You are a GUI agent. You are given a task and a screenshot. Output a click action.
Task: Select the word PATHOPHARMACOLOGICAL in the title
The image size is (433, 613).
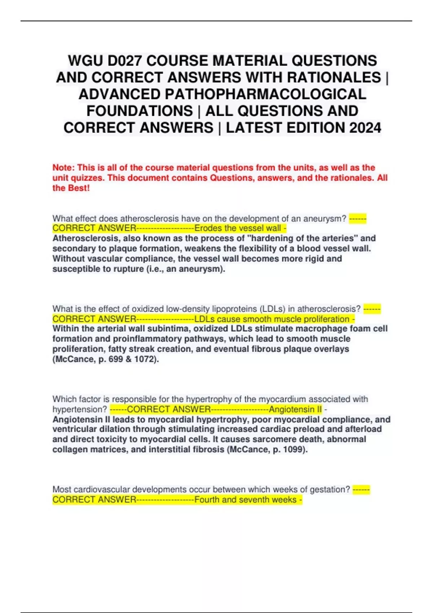[x=222, y=94]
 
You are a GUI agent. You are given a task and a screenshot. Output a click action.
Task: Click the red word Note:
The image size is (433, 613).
[x=64, y=168]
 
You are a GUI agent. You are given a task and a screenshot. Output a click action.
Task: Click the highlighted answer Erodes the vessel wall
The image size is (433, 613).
[x=238, y=228]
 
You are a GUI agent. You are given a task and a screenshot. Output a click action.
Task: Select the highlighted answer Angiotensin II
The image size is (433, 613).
[x=295, y=409]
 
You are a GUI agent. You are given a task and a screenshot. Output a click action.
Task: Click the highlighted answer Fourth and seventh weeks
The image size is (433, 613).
[x=245, y=500]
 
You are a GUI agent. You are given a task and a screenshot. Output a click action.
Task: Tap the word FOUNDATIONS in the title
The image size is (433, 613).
[x=140, y=111]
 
